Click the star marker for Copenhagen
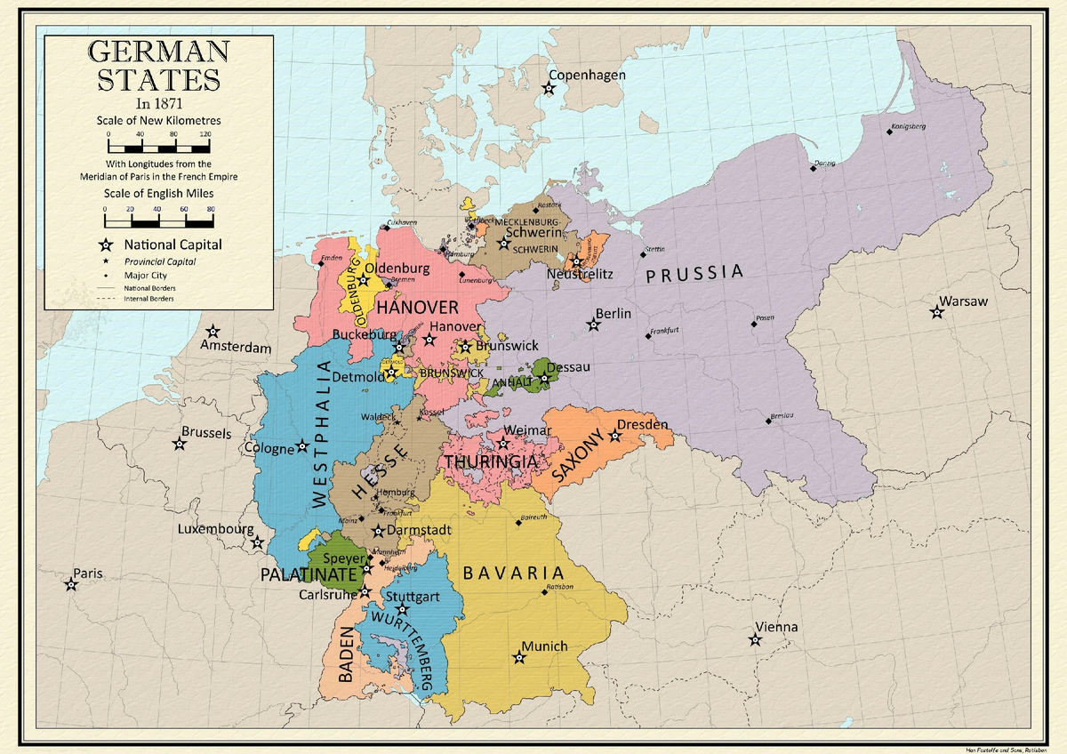point(550,88)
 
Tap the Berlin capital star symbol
point(594,325)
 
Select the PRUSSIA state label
point(694,273)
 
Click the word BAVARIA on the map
point(514,574)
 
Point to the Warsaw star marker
point(936,313)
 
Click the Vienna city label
point(776,627)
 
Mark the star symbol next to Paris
point(70,585)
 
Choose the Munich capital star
point(519,659)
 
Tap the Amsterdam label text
point(236,348)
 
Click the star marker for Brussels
point(180,445)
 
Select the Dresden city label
point(642,425)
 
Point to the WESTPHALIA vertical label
point(323,434)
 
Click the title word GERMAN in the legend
point(158,52)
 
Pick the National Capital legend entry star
point(106,245)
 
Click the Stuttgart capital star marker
point(403,610)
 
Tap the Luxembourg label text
point(216,529)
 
